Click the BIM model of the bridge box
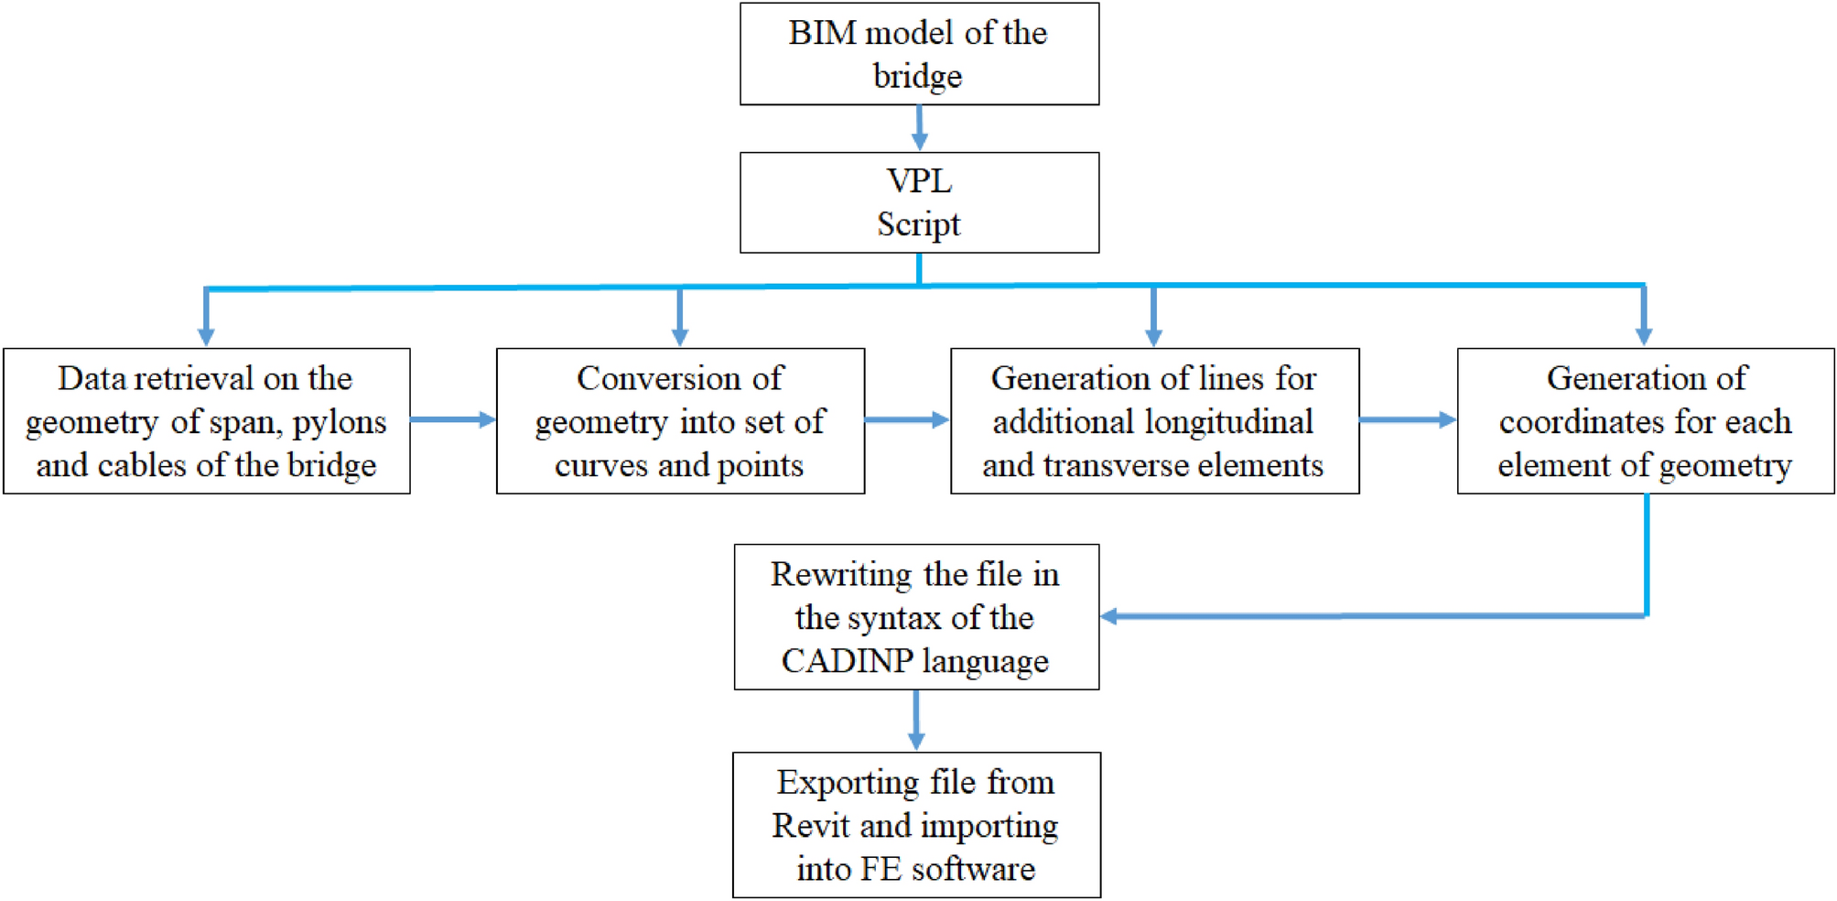click(919, 54)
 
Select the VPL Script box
click(919, 202)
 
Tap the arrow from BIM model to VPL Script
click(919, 128)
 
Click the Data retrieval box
click(206, 421)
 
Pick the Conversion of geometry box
click(680, 421)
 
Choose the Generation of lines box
click(1154, 421)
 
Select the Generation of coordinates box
click(1645, 421)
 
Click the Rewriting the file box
click(916, 617)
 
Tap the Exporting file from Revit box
click(916, 825)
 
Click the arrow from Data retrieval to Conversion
click(453, 419)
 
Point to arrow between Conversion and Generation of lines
click(907, 419)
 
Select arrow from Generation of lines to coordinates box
click(1408, 419)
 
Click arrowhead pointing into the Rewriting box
click(1109, 616)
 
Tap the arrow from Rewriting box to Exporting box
click(916, 721)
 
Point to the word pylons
click(340, 423)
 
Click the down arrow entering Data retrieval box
click(206, 320)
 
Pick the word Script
click(919, 224)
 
